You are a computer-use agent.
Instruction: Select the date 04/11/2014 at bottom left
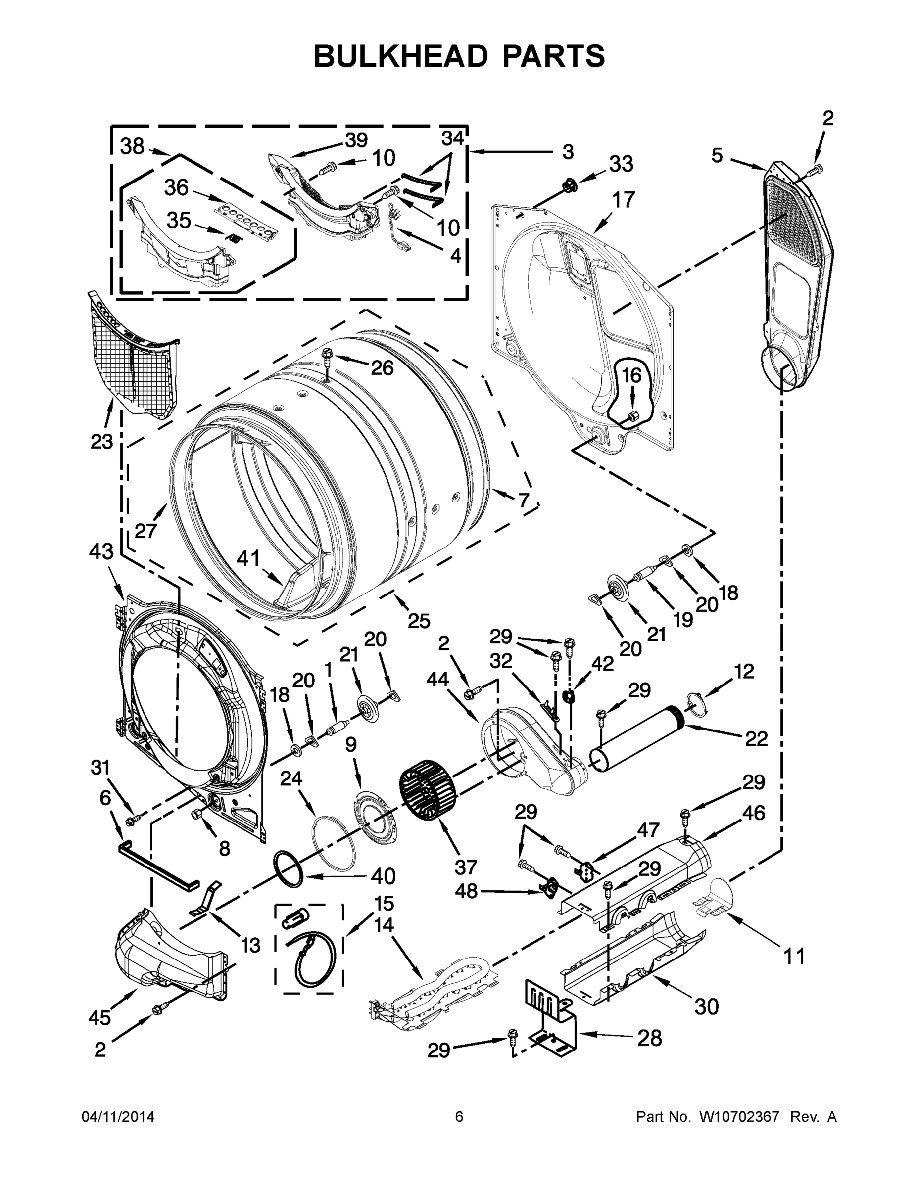tap(118, 1117)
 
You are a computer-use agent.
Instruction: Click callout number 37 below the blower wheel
tap(466, 867)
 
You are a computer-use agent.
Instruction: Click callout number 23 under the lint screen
tap(102, 441)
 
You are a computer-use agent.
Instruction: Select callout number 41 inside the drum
tap(248, 558)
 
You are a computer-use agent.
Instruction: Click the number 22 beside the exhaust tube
tap(756, 738)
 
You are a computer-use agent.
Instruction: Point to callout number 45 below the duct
tap(100, 1017)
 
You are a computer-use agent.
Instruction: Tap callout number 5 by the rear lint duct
tap(717, 155)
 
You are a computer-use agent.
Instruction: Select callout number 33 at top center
tap(621, 163)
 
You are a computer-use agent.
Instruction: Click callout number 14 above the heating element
tap(384, 924)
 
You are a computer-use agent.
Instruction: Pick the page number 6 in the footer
tap(459, 1117)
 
